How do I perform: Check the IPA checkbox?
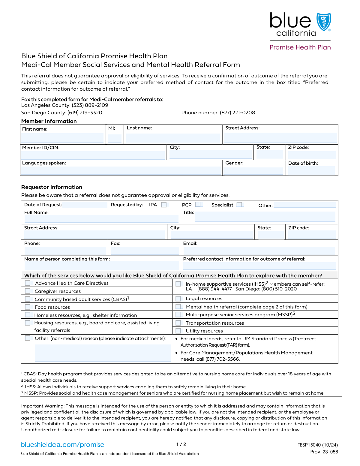(164, 205)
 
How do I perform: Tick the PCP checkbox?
(198, 204)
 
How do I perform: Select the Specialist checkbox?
(239, 205)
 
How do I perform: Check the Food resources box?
(28, 307)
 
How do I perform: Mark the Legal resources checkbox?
(178, 299)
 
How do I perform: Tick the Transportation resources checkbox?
(178, 323)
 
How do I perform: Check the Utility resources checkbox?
(178, 331)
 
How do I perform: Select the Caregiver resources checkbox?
(28, 291)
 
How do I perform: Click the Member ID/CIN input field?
(93, 155)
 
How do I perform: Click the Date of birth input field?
(311, 170)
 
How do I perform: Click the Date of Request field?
(85, 205)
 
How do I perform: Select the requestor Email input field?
(259, 250)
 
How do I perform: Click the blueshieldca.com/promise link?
(62, 445)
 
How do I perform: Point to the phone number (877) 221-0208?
(237, 113)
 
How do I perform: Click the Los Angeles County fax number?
(90, 105)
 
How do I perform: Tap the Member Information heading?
(49, 121)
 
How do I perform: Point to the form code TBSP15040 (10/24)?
(318, 445)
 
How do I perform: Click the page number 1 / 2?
(181, 444)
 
